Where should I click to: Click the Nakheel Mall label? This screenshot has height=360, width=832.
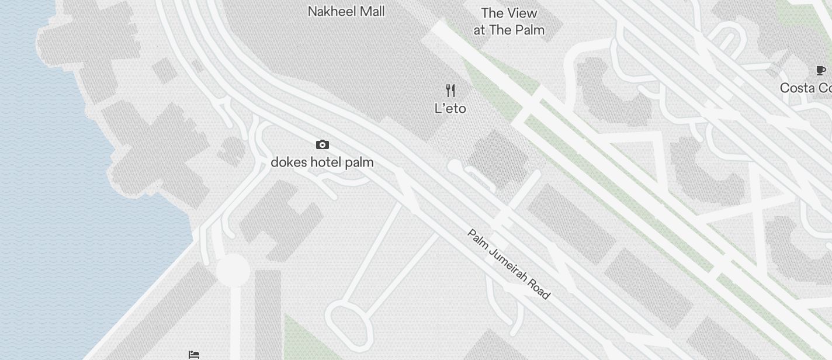346,11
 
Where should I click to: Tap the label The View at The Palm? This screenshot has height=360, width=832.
509,22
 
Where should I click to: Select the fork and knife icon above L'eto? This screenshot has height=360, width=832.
450,91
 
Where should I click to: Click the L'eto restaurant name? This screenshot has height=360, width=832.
450,108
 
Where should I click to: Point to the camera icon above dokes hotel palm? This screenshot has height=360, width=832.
322,144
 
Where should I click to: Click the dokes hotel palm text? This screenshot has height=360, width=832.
322,162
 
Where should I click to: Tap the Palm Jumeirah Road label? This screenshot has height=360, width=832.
509,264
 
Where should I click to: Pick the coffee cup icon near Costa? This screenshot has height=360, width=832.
821,71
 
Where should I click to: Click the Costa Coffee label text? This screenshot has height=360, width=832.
806,88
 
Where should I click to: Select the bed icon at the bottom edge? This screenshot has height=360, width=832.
194,355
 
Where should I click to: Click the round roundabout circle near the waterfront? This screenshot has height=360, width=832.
233,271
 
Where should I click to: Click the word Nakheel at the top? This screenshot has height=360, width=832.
331,11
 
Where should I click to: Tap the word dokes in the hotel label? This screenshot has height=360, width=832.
289,162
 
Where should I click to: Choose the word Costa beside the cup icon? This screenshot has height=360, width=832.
798,88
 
